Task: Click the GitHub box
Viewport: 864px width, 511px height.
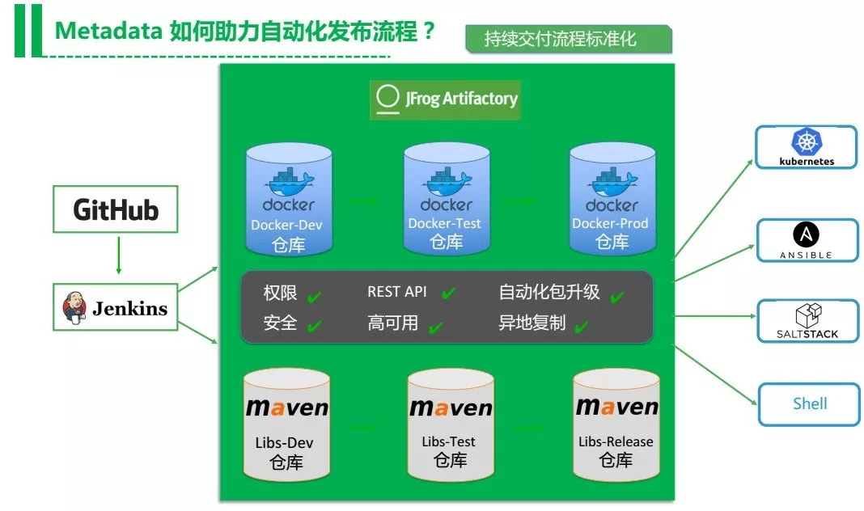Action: pyautogui.click(x=116, y=209)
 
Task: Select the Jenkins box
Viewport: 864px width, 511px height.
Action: pyautogui.click(x=116, y=307)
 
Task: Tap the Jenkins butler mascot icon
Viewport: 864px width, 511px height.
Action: pyautogui.click(x=74, y=308)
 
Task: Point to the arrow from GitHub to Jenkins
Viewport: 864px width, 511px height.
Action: pyautogui.click(x=118, y=255)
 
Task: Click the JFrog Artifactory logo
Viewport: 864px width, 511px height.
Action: pyautogui.click(x=446, y=99)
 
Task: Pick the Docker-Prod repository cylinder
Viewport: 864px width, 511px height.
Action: pyautogui.click(x=611, y=198)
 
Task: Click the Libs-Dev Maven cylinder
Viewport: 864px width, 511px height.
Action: pyautogui.click(x=287, y=424)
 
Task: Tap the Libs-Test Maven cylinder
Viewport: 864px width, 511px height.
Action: pyautogui.click(x=451, y=424)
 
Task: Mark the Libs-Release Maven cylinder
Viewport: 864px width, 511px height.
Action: pyautogui.click(x=616, y=424)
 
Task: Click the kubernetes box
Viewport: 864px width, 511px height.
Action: pyautogui.click(x=806, y=147)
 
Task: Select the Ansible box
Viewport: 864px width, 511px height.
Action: pyautogui.click(x=806, y=240)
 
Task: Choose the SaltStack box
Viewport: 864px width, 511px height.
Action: pyautogui.click(x=807, y=321)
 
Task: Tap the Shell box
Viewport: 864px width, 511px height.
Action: pyautogui.click(x=808, y=403)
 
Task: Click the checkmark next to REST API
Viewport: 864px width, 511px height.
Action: pyautogui.click(x=448, y=294)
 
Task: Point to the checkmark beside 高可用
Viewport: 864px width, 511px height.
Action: pyautogui.click(x=436, y=327)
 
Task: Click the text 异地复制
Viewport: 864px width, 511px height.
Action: pyautogui.click(x=532, y=323)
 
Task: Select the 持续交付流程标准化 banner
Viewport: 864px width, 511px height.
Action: pyautogui.click(x=568, y=38)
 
